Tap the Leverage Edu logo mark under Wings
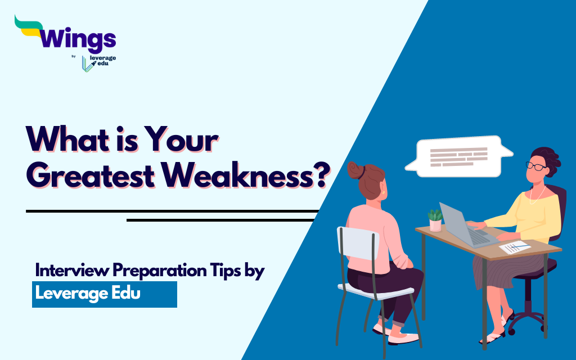(x=87, y=64)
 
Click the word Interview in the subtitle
(x=72, y=270)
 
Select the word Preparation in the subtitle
(x=159, y=271)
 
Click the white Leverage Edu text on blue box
(x=88, y=294)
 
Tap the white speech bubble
(x=458, y=156)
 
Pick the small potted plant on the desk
(x=435, y=220)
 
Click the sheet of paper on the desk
(x=515, y=247)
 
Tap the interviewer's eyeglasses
(x=535, y=166)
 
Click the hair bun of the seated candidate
(x=355, y=170)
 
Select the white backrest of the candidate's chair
(x=357, y=243)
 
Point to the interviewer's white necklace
(x=537, y=195)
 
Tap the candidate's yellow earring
(x=384, y=192)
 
